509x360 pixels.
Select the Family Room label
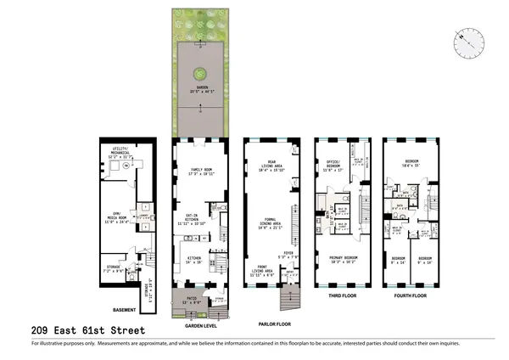200,170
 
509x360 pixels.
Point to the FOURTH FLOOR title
411,297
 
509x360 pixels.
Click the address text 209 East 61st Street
87,329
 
